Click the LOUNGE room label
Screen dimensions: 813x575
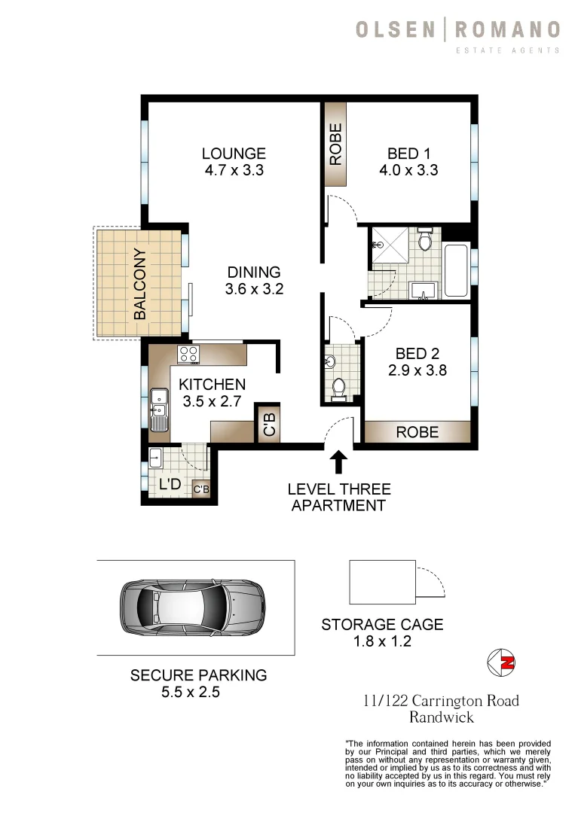pyautogui.click(x=234, y=153)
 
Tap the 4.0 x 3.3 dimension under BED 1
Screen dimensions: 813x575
pyautogui.click(x=408, y=171)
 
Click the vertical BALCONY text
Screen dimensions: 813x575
pyautogui.click(x=140, y=285)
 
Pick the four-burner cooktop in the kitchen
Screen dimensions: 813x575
pyautogui.click(x=188, y=354)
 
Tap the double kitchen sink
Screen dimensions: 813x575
pyautogui.click(x=158, y=410)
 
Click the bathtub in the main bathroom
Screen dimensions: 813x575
pyautogui.click(x=456, y=270)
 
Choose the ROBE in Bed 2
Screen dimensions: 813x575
pyautogui.click(x=417, y=432)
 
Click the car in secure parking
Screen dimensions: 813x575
pyautogui.click(x=192, y=607)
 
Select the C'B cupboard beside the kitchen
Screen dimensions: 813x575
pyautogui.click(x=268, y=423)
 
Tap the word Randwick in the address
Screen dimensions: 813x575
pyautogui.click(x=440, y=718)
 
